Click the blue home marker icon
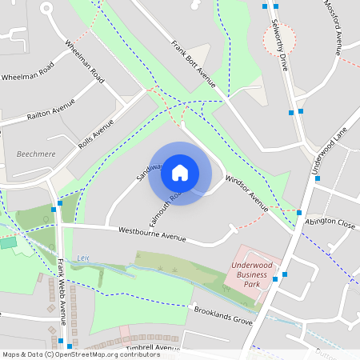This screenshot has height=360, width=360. pyautogui.click(x=180, y=173)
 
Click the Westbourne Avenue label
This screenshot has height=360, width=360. pyautogui.click(x=152, y=234)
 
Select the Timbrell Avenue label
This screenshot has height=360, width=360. pyautogui.click(x=152, y=348)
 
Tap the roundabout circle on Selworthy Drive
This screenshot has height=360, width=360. pyautogui.click(x=279, y=38)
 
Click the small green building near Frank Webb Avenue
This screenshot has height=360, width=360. pyautogui.click(x=8, y=242)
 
